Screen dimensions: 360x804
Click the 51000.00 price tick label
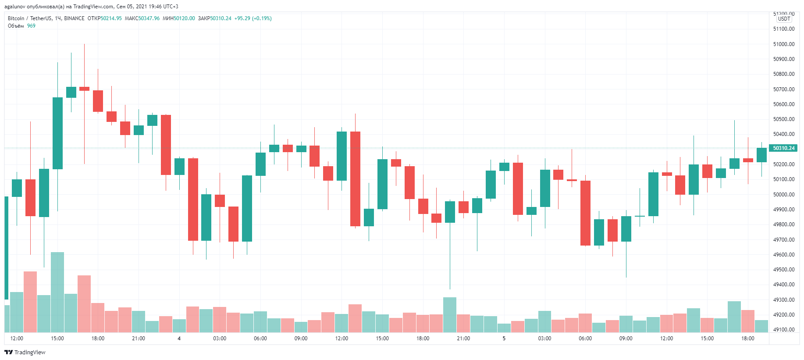pyautogui.click(x=783, y=44)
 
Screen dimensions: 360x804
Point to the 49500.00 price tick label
pyautogui.click(x=783, y=270)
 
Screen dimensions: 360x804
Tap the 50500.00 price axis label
pyautogui.click(x=783, y=119)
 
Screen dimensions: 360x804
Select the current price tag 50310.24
pyautogui.click(x=783, y=148)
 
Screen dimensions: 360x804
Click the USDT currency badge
pyautogui.click(x=784, y=19)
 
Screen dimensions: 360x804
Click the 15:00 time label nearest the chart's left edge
pyautogui.click(x=57, y=339)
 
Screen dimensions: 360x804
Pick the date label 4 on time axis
pyautogui.click(x=179, y=339)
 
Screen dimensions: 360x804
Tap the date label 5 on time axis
pyautogui.click(x=504, y=339)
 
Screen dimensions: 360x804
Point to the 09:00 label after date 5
pyautogui.click(x=626, y=339)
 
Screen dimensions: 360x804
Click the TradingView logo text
pyautogui.click(x=29, y=353)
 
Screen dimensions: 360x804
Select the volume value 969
pyautogui.click(x=31, y=26)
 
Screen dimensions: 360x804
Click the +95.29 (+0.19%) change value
pyautogui.click(x=253, y=18)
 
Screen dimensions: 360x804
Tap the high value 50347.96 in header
pyautogui.click(x=149, y=18)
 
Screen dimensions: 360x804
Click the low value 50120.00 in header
pyautogui.click(x=184, y=18)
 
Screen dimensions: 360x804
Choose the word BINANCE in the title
pyautogui.click(x=74, y=18)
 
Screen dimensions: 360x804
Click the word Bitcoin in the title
pyautogui.click(x=16, y=18)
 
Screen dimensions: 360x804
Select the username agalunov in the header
pyautogui.click(x=15, y=7)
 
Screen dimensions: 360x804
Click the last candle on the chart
pyautogui.click(x=761, y=155)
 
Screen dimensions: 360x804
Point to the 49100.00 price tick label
pyautogui.click(x=783, y=330)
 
